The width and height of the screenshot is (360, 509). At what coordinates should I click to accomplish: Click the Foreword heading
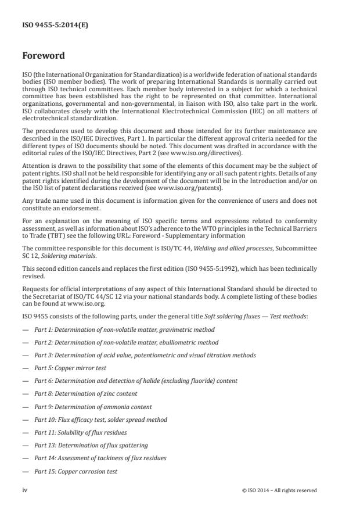point(44,56)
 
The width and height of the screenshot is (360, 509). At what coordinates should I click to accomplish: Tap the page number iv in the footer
point(25,490)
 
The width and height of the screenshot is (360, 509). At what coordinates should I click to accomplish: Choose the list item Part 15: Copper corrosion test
point(75,471)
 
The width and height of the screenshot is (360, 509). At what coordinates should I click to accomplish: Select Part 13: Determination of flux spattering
point(91,445)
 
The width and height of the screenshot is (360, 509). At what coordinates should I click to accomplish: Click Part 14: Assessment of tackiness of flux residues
point(100,458)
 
